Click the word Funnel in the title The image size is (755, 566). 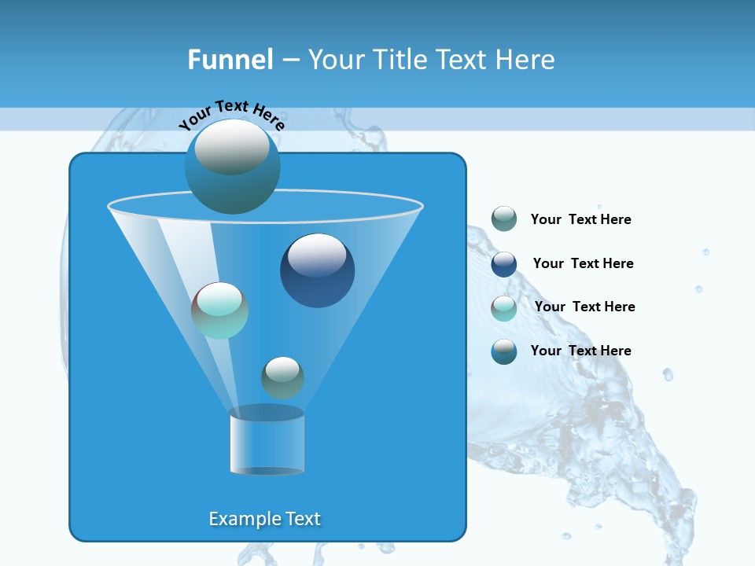[x=230, y=60]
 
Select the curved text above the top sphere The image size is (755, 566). [x=231, y=115]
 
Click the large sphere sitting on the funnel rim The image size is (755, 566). [x=232, y=167]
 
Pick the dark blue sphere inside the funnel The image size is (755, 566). [x=317, y=271]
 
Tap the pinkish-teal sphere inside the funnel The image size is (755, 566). [x=219, y=311]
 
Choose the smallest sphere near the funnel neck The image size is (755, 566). [x=282, y=377]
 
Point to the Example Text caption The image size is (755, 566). [x=264, y=519]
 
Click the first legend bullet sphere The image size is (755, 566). [x=504, y=219]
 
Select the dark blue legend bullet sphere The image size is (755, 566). [x=504, y=263]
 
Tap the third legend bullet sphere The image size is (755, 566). [x=504, y=307]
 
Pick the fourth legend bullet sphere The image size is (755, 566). [x=504, y=351]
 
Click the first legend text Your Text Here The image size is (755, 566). [x=580, y=219]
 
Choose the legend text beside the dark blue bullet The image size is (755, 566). [x=583, y=263]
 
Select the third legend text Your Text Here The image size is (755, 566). [x=584, y=307]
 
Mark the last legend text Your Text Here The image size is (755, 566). [x=580, y=351]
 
